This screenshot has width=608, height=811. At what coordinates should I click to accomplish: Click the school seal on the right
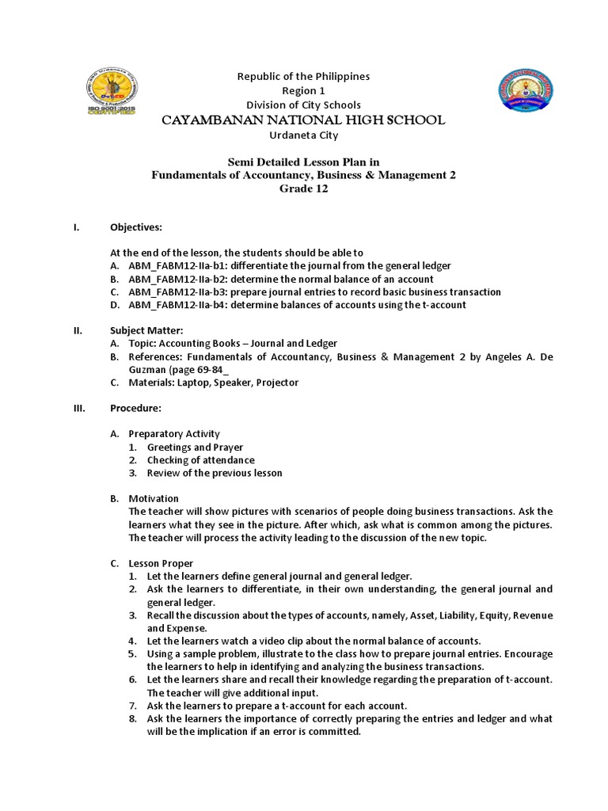click(524, 93)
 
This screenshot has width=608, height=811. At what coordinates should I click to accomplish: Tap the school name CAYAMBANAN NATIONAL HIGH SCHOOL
click(303, 120)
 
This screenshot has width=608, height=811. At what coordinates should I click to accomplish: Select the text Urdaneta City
click(303, 135)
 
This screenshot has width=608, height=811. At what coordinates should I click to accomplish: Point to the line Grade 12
click(303, 188)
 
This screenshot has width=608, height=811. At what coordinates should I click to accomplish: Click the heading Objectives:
click(135, 227)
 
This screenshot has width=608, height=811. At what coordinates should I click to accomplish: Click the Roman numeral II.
click(76, 330)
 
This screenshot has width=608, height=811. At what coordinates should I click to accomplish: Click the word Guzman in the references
click(146, 370)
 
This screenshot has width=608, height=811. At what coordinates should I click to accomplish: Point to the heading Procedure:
click(135, 408)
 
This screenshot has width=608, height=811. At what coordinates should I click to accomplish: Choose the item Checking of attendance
click(201, 460)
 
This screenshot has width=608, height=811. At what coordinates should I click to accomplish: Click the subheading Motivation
click(154, 498)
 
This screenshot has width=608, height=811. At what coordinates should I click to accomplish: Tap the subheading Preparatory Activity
click(174, 434)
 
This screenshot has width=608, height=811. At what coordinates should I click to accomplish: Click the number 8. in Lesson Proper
click(134, 718)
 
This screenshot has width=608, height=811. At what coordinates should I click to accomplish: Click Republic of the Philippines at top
click(303, 76)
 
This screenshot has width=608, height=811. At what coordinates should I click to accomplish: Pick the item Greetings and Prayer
click(195, 447)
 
